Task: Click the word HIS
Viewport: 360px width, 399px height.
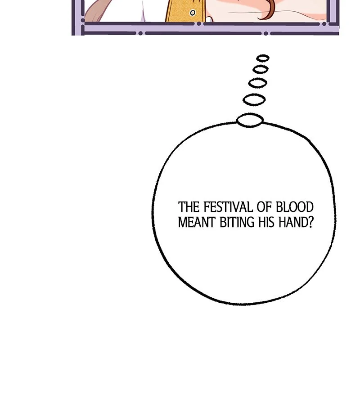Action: pyautogui.click(x=262, y=223)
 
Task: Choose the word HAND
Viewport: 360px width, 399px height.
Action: pyautogui.click(x=290, y=223)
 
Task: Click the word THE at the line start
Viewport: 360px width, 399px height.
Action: pyautogui.click(x=189, y=207)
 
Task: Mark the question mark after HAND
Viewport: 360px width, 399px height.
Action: pyautogui.click(x=310, y=223)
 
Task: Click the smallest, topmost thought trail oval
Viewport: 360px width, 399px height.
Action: pyautogui.click(x=263, y=58)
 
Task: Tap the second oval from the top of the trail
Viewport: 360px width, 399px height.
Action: pyautogui.click(x=261, y=69)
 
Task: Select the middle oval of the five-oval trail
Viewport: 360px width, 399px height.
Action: pyautogui.click(x=257, y=83)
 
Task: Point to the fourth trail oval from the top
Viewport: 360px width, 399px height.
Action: pyautogui.click(x=254, y=99)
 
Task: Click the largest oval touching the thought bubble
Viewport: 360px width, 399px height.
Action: pyautogui.click(x=250, y=120)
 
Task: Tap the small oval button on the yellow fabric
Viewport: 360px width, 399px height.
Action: pyautogui.click(x=193, y=13)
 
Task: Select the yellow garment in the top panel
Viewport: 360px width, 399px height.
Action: pyautogui.click(x=180, y=10)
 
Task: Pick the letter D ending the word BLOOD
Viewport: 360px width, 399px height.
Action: pyautogui.click(x=309, y=207)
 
